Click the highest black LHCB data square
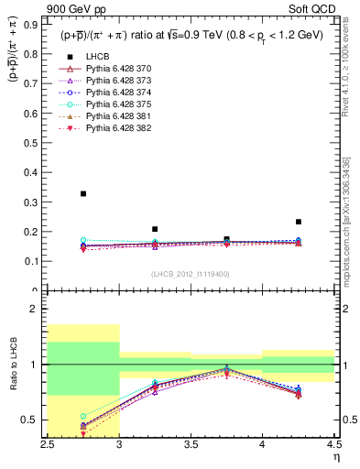83,193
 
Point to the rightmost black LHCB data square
298,222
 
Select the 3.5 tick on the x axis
191,444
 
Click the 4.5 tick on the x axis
333,444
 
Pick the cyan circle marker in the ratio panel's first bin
83,416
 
